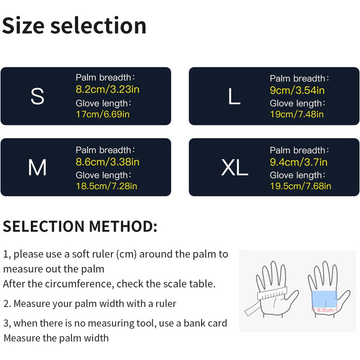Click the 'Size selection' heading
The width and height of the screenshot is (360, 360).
pyautogui.click(x=74, y=26)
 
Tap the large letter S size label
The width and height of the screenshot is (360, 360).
pyautogui.click(x=37, y=97)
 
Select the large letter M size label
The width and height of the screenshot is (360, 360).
pyautogui.click(x=37, y=167)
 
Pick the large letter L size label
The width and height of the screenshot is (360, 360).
pyautogui.click(x=234, y=97)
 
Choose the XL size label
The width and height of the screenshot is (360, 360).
pyautogui.click(x=235, y=167)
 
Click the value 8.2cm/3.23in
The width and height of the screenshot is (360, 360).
pyautogui.click(x=107, y=89)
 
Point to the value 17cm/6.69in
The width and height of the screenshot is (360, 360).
pyautogui.click(x=103, y=114)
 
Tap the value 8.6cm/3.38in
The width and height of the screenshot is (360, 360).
pyautogui.click(x=107, y=162)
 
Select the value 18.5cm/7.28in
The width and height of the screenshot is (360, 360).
pyautogui.click(x=106, y=186)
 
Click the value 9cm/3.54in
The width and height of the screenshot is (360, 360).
pyautogui.click(x=297, y=90)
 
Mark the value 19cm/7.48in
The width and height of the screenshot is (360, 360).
pyautogui.click(x=297, y=114)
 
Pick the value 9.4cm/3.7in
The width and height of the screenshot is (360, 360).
pyautogui.click(x=298, y=162)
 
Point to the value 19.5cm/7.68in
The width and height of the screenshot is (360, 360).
pyautogui.click(x=300, y=186)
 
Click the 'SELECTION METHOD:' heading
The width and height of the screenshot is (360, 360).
pyautogui.click(x=80, y=226)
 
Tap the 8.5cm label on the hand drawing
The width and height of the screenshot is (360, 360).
pyautogui.click(x=325, y=310)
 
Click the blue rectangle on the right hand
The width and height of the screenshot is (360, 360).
pyautogui.click(x=325, y=299)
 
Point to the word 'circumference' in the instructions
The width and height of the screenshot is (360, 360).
pyautogui.click(x=79, y=284)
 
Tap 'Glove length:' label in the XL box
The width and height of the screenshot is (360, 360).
pyautogui.click(x=298, y=175)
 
